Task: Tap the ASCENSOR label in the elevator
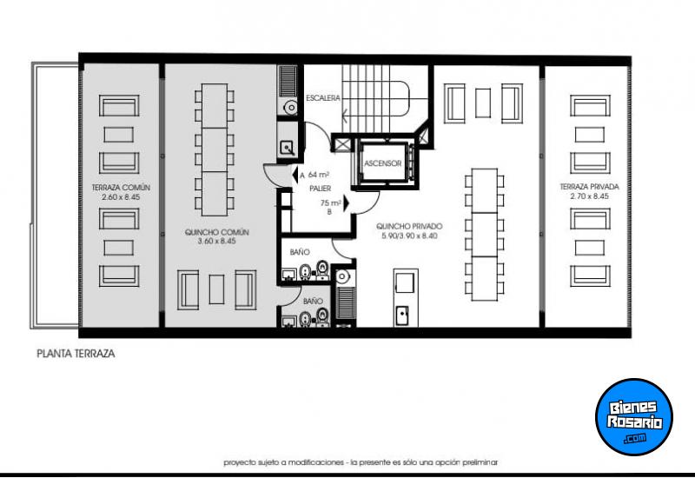[382, 163]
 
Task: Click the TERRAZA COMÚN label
[121, 187]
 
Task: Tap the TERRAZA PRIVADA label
[589, 187]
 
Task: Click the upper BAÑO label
[300, 252]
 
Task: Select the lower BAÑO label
[312, 301]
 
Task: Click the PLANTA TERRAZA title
[76, 355]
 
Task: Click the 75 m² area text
[329, 203]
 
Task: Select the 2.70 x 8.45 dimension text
[589, 196]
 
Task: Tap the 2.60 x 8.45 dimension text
[121, 196]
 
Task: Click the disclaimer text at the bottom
[360, 462]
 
